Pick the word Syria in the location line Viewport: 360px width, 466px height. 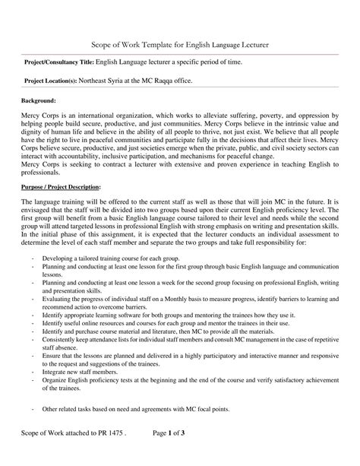125,80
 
